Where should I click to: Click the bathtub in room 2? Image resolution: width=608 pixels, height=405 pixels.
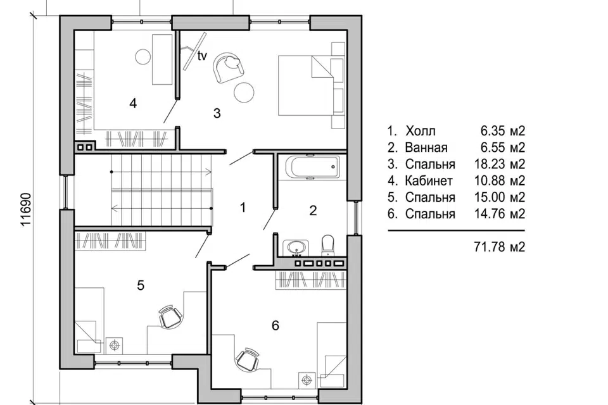click(x=312, y=167)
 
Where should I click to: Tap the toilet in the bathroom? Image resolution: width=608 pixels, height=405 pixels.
click(x=328, y=245)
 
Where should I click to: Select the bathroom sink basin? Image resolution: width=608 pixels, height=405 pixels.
click(x=296, y=247)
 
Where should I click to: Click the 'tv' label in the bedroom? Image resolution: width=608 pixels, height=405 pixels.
click(x=202, y=56)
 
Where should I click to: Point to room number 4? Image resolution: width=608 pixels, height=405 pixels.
click(x=133, y=104)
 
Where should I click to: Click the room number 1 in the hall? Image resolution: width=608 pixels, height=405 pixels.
click(x=243, y=208)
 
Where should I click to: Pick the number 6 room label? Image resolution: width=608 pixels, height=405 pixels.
click(x=275, y=325)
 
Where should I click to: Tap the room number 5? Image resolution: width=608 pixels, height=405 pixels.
click(x=141, y=285)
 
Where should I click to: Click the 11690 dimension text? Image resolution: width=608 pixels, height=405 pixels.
click(x=25, y=209)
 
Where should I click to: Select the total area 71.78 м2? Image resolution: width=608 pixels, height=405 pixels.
click(x=500, y=247)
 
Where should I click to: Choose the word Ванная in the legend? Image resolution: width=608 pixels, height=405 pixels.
click(x=426, y=147)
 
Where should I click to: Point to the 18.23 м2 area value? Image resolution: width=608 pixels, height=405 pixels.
click(x=500, y=164)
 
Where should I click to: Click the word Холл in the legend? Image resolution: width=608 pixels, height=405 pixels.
click(x=421, y=131)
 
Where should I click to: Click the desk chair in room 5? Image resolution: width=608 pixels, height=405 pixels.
click(x=170, y=316)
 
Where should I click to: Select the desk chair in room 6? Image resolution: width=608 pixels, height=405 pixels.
click(x=248, y=359)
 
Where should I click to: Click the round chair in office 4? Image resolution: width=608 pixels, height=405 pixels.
click(x=143, y=56)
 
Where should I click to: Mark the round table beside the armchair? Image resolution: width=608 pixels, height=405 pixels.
click(x=244, y=92)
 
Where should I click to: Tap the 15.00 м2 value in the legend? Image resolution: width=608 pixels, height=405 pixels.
click(x=500, y=197)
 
